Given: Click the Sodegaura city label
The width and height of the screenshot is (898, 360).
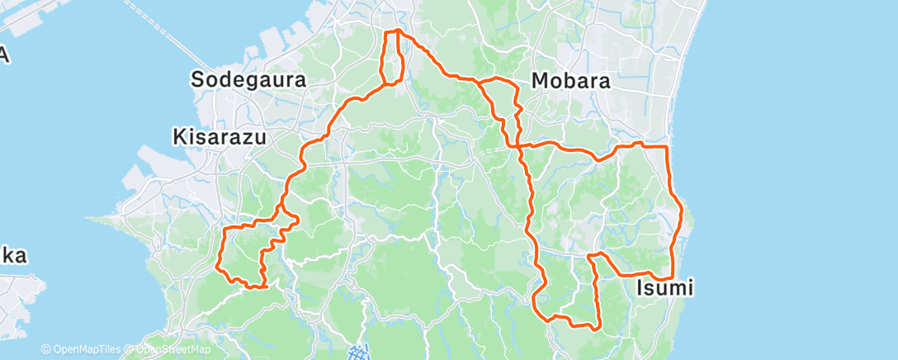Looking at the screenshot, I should (x=248, y=80).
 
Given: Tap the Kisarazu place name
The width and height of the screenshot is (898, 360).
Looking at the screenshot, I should (x=220, y=136).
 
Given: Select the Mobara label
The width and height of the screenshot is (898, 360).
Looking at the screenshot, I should (x=571, y=81).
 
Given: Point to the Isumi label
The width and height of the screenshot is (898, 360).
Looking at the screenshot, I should (x=665, y=287).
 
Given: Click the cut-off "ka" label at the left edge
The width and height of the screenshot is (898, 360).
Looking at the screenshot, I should (x=12, y=256).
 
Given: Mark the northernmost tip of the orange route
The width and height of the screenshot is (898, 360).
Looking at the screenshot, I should (x=398, y=30).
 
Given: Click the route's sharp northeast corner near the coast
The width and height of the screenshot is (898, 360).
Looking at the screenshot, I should (x=666, y=146).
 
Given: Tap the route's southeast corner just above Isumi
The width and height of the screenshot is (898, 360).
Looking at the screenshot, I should (x=673, y=279).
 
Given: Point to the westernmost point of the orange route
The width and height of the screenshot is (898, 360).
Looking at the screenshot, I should (x=217, y=266).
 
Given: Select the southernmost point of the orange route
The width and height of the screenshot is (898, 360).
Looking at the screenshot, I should (x=591, y=328).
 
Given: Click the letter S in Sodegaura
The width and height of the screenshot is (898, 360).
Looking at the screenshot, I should (x=199, y=80).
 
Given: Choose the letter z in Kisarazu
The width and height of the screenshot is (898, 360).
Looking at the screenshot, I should (x=245, y=137).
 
